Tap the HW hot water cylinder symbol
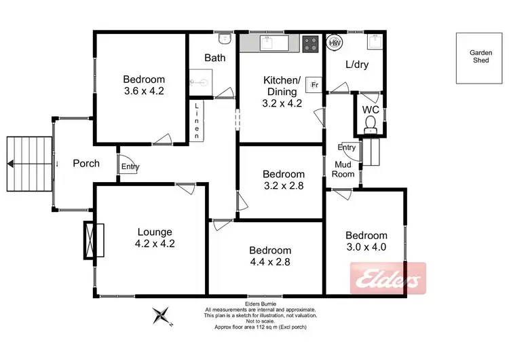click(334, 43)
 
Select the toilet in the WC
click(370, 123)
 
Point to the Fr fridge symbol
click(314, 84)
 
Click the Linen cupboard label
click(197, 122)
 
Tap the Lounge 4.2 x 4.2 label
click(153, 238)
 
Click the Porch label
click(86, 163)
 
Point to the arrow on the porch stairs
click(12, 163)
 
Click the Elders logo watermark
click(388, 278)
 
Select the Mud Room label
click(343, 169)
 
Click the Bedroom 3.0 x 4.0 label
click(366, 241)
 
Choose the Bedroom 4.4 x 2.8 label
click(270, 255)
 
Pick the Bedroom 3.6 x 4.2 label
click(144, 85)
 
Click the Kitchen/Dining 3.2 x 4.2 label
click(281, 92)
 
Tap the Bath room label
click(215, 58)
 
